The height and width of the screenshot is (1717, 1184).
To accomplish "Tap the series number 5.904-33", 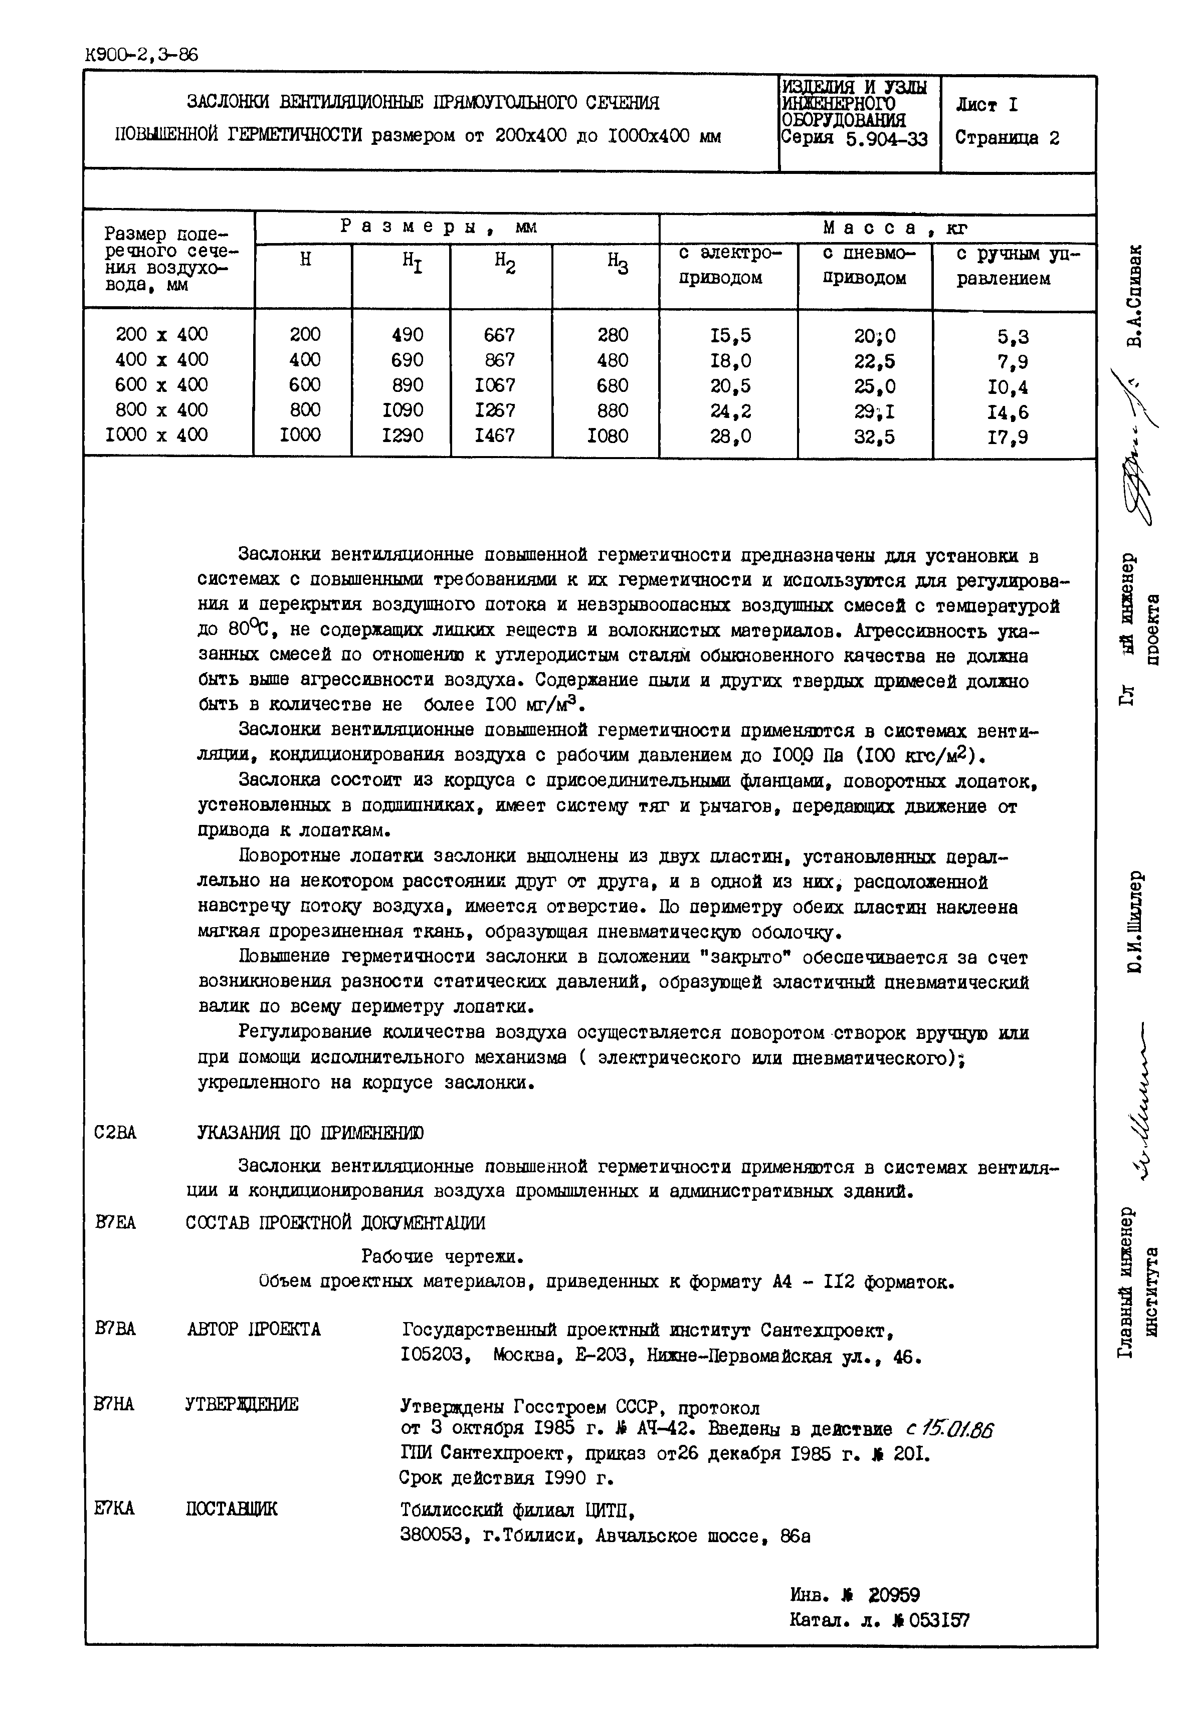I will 887,139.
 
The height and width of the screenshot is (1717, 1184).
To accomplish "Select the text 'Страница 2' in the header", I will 1007,138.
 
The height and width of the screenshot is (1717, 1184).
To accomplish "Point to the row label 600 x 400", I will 162,385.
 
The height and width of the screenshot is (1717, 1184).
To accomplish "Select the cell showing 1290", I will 403,436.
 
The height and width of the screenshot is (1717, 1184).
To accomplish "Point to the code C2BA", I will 116,1133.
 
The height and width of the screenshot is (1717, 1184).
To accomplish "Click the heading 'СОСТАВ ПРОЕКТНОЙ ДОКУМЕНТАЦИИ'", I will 335,1222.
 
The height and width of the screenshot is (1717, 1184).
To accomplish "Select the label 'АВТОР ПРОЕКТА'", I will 254,1329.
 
